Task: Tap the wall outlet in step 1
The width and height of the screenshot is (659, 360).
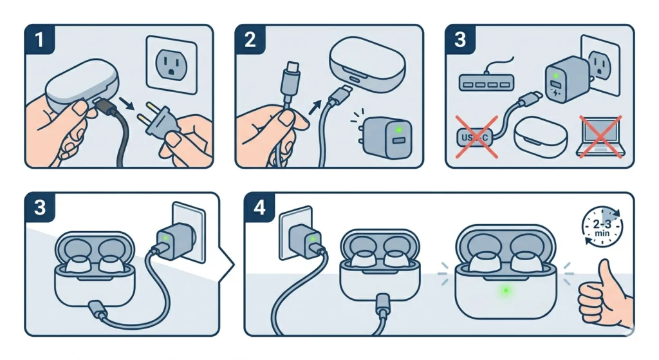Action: pyautogui.click(x=171, y=62)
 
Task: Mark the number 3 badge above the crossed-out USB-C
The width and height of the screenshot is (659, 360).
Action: pyautogui.click(x=460, y=40)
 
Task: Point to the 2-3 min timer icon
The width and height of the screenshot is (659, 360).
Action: pyautogui.click(x=602, y=226)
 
